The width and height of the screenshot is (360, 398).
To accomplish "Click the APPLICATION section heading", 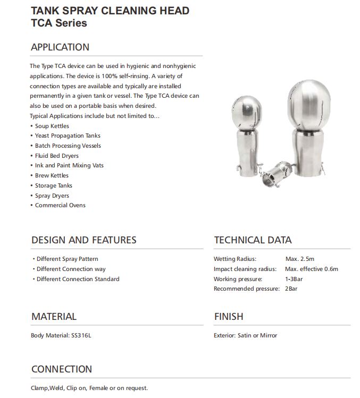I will [x=60, y=47].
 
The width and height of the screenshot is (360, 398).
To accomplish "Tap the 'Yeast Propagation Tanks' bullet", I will [x=68, y=136].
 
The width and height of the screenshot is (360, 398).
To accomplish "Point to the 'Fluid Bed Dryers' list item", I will [x=56, y=156].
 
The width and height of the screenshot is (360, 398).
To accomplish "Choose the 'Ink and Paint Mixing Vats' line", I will [x=69, y=165].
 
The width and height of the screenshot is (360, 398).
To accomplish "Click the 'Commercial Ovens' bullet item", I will [x=60, y=205].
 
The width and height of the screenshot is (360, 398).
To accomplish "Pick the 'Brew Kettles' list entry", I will [x=52, y=175].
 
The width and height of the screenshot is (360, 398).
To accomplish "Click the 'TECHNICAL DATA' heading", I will [x=253, y=240].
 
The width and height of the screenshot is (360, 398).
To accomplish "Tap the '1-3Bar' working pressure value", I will [x=295, y=279].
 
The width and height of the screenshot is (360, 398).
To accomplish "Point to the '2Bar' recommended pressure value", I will [x=292, y=289].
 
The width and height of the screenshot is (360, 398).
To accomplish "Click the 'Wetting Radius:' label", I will [x=235, y=259].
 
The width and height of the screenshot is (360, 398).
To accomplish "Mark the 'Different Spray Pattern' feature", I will [x=67, y=259].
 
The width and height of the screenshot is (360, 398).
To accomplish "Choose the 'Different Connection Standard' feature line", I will [x=78, y=279].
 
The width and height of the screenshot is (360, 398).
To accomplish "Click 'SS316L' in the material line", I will [x=88, y=335].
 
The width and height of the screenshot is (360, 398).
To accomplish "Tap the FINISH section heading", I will [x=229, y=317].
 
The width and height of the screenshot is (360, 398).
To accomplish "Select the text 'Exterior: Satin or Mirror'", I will [x=246, y=335].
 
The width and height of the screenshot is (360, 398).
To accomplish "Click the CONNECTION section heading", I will [x=62, y=369].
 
